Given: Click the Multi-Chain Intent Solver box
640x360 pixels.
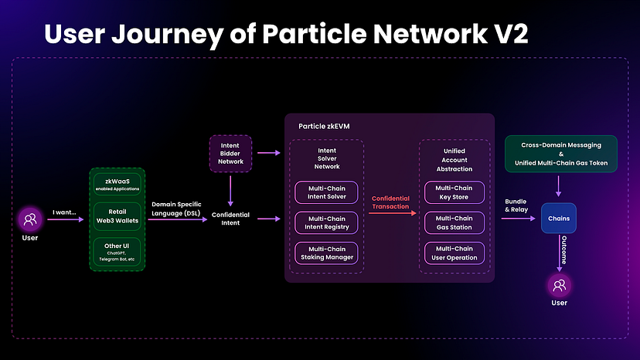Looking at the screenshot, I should point(325,192).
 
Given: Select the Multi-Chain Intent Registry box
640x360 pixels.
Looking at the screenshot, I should point(325,223).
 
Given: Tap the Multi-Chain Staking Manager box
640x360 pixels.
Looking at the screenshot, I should point(325,253).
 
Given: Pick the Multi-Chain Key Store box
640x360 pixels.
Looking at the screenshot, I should point(454,192).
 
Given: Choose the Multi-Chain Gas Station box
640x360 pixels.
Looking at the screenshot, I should point(454,223).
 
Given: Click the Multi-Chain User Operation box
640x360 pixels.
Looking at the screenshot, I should point(454,253).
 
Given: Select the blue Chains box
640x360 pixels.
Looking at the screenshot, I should point(559,219).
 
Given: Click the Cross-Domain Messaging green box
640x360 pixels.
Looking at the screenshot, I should point(560,153).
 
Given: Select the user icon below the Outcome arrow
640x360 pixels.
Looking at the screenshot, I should point(559,285).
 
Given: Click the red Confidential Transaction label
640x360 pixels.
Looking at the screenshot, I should point(390,202).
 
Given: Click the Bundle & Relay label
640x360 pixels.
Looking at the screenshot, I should point(516,205).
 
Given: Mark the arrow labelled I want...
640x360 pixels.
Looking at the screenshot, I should point(65,219).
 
